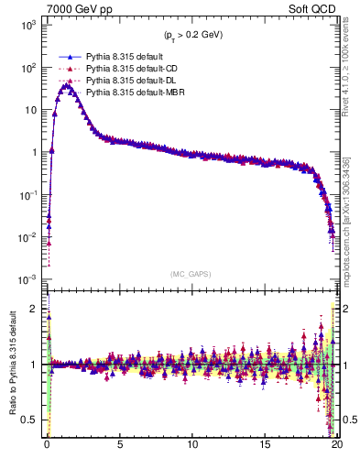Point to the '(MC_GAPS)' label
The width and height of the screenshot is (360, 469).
(x=191, y=274)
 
